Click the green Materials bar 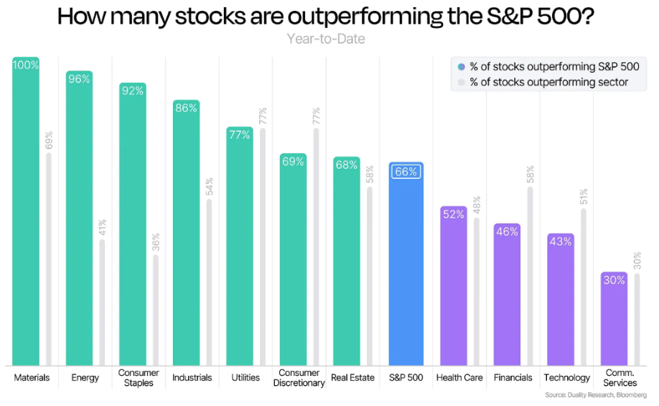pos(26,216)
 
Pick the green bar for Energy pos(79,223)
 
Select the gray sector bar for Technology pos(584,287)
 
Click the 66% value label pos(406,172)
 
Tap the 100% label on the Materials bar pos(26,65)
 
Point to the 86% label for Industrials pos(186,109)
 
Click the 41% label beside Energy pos(103,228)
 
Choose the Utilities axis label pos(246,378)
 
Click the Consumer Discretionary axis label pos(299,378)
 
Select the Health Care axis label pos(459,378)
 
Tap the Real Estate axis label pos(352,378)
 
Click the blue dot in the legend pos(461,66)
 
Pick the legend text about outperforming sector pos(549,82)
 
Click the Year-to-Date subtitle pos(326,39)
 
